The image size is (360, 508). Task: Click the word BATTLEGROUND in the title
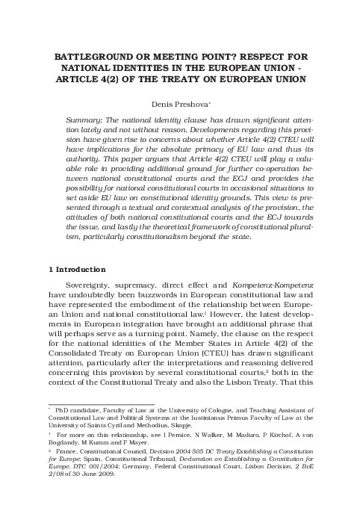click(91, 55)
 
